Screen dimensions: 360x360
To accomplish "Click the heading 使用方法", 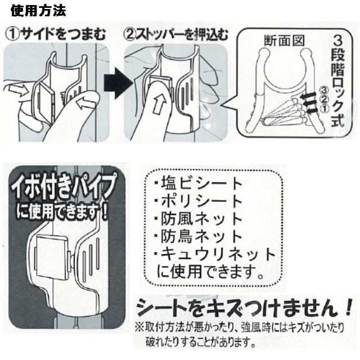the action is (x=38, y=11).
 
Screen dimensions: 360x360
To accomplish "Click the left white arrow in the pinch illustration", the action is (x=19, y=90).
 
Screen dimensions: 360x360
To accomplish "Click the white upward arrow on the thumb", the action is (x=160, y=105).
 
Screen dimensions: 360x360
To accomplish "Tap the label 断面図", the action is (x=284, y=41).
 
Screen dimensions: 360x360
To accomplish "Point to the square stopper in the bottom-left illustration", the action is (x=52, y=256).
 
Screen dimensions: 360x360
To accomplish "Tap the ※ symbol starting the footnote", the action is (x=139, y=327).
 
